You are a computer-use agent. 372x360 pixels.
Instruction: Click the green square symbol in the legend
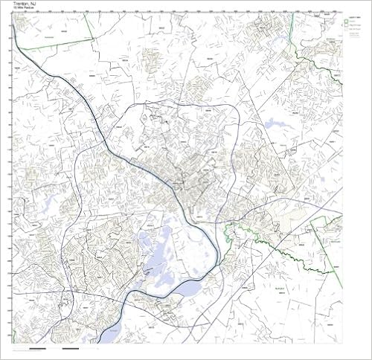[345, 23]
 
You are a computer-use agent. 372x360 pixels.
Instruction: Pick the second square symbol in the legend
[345, 29]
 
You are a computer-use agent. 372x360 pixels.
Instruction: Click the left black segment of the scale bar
[38, 348]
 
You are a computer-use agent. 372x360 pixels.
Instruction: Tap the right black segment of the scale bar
[71, 348]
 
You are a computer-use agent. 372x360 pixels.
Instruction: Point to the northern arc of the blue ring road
[186, 103]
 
